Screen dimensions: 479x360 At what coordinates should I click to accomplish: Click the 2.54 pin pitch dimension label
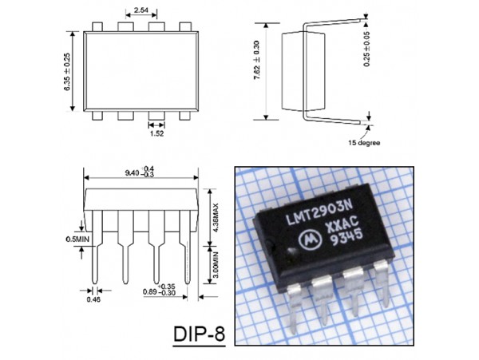tap(141, 10)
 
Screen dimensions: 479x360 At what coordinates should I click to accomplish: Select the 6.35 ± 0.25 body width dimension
tap(67, 72)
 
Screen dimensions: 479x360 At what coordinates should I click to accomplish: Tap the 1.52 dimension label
tap(156, 133)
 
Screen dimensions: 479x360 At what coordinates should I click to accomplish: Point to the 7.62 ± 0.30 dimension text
tap(256, 60)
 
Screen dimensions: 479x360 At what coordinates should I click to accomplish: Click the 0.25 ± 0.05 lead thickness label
tap(367, 49)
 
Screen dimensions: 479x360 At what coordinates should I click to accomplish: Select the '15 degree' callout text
tap(364, 143)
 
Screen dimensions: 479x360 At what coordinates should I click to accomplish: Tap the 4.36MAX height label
tap(216, 217)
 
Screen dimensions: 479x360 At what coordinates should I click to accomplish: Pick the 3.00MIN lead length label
tap(216, 264)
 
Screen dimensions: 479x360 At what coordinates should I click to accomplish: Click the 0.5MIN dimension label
tap(77, 239)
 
